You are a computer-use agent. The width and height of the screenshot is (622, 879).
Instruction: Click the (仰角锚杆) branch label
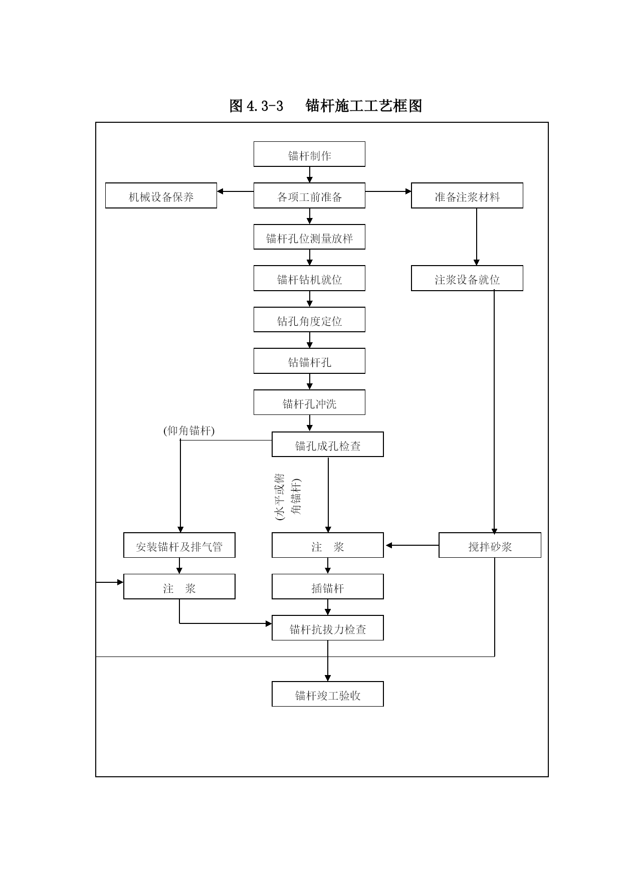[x=189, y=430]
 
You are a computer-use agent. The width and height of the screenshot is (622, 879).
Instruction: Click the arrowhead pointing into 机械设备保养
[x=220, y=191]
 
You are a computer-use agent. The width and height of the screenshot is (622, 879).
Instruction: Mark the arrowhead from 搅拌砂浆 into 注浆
[x=389, y=545]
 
